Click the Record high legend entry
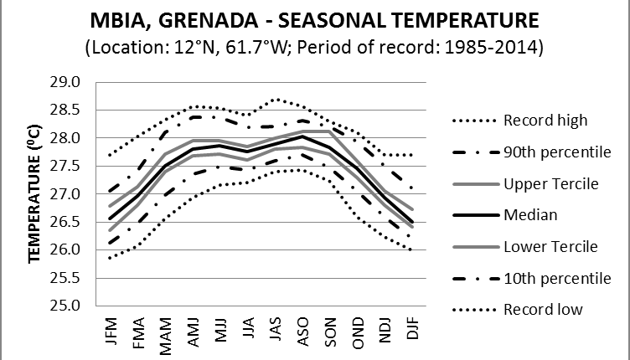coord(552,120)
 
